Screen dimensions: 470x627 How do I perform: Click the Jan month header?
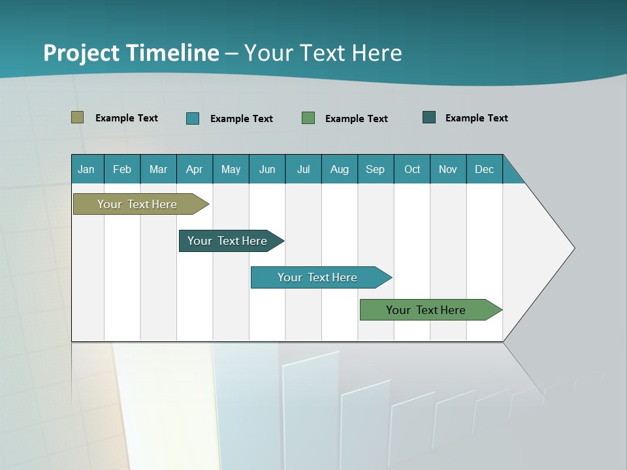(x=86, y=169)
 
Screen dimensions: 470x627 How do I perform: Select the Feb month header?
(x=122, y=169)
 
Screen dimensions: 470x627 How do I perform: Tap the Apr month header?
(x=194, y=169)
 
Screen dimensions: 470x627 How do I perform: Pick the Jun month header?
(x=267, y=169)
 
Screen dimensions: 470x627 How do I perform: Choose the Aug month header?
(x=340, y=169)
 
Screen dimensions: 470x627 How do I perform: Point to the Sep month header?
(x=375, y=169)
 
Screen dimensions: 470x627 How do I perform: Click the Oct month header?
(x=412, y=169)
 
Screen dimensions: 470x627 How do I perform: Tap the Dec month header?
(x=485, y=169)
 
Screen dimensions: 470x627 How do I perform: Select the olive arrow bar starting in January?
(x=137, y=204)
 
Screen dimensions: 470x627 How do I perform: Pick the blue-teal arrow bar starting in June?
(x=318, y=277)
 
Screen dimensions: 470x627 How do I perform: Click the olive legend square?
(x=78, y=117)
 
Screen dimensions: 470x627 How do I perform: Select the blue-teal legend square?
(x=193, y=118)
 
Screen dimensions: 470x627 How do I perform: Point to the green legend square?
(x=308, y=118)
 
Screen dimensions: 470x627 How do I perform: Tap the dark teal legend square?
(x=429, y=117)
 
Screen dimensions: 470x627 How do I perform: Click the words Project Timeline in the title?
(x=131, y=53)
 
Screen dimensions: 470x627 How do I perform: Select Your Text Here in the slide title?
(x=323, y=53)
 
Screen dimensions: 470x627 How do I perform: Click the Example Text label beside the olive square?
(x=127, y=118)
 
